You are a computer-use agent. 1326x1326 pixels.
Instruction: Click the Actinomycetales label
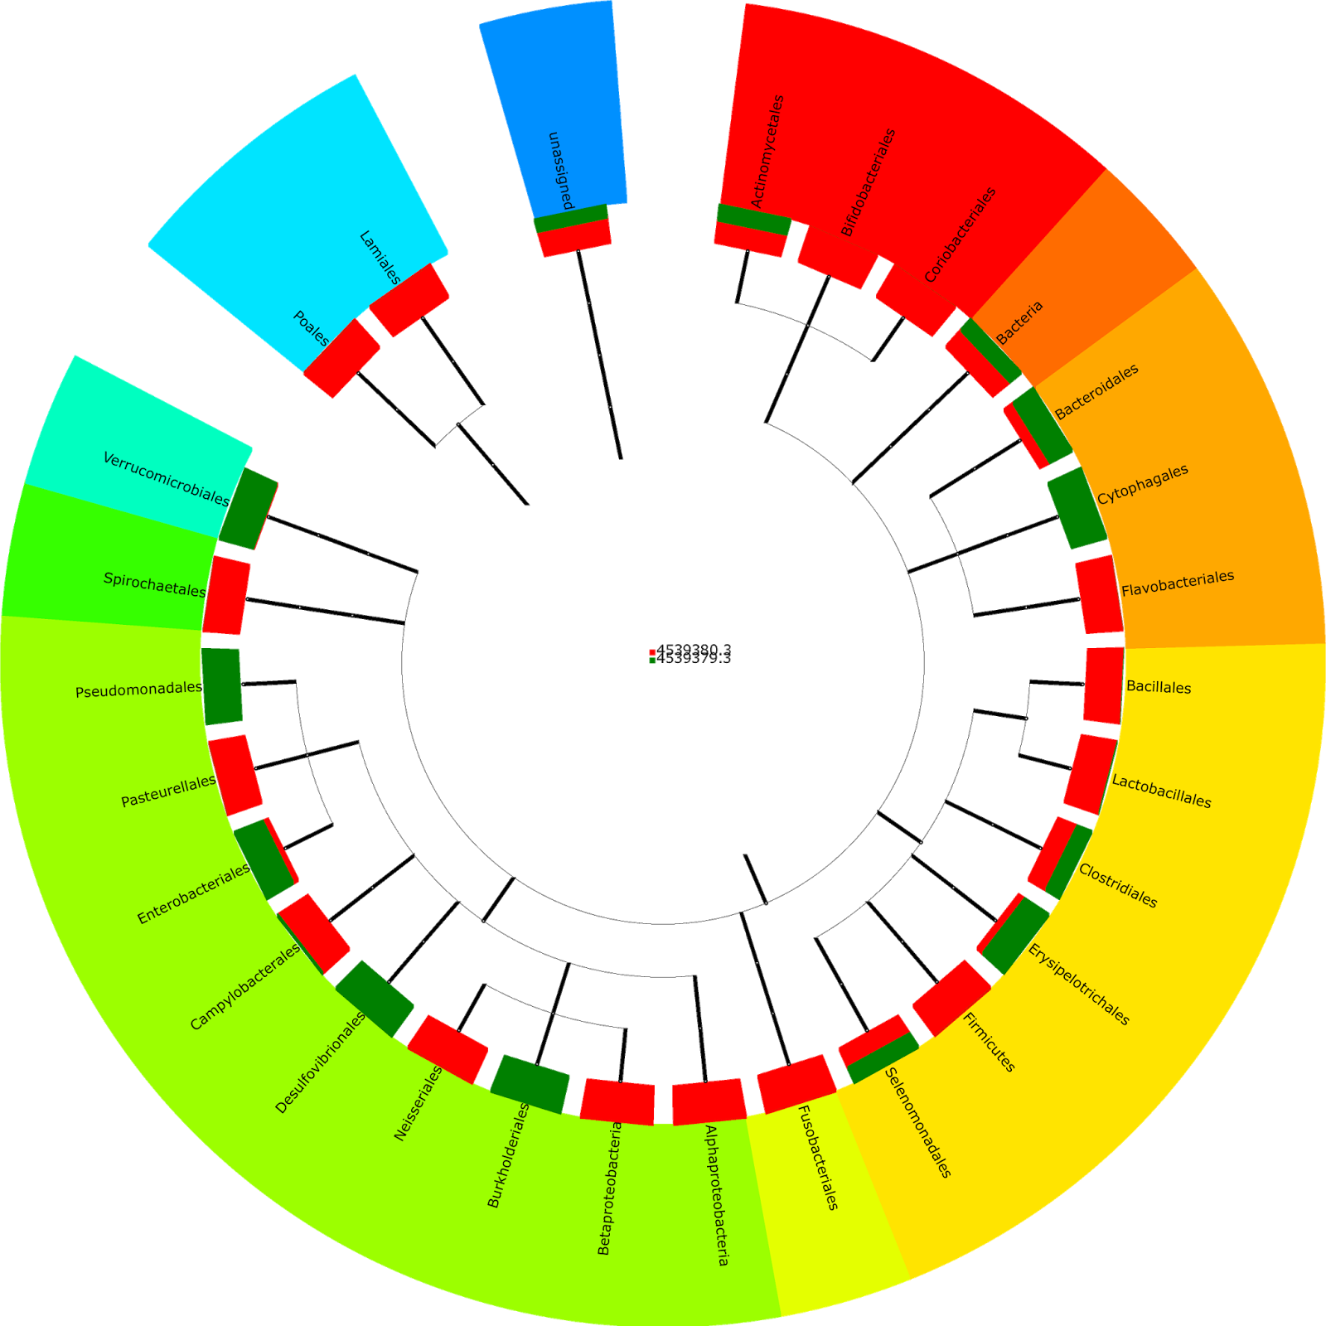767,151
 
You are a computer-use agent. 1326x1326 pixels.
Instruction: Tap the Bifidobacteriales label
869,181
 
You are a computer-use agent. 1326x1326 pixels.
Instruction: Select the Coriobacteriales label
961,234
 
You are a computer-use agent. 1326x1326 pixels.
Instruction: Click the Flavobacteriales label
1178,583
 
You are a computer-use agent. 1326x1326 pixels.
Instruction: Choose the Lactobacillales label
1161,791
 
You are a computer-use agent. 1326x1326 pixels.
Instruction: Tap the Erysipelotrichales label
1078,984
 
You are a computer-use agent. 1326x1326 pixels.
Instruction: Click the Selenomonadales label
918,1122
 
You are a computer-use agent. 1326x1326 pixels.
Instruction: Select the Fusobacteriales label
818,1157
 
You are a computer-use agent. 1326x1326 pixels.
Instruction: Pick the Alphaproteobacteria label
717,1194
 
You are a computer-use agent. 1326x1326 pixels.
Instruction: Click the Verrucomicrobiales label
166,479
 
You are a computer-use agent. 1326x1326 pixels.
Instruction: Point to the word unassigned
561,170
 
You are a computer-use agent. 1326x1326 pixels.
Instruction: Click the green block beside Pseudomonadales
222,686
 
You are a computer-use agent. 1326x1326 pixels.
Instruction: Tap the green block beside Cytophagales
1077,508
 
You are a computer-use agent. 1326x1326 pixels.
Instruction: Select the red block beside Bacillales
1103,685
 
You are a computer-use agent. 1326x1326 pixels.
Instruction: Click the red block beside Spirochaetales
226,595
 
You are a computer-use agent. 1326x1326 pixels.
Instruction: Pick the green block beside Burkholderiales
530,1084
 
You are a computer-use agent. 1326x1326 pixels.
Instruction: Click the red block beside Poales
341,358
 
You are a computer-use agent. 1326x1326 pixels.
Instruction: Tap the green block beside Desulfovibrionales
375,998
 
